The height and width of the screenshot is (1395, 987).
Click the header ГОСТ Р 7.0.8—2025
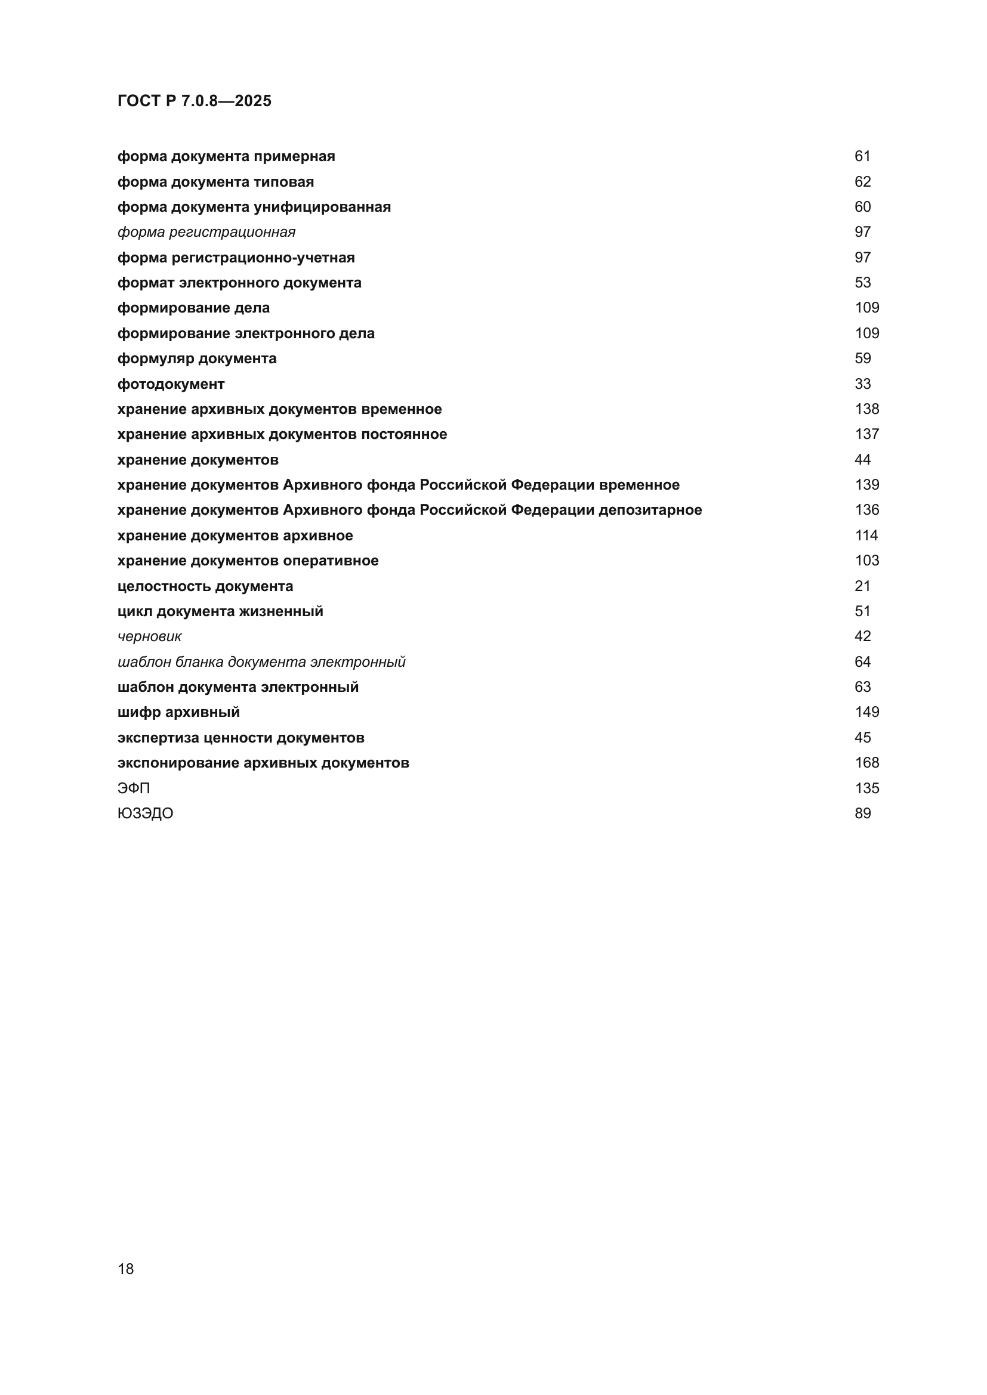[195, 101]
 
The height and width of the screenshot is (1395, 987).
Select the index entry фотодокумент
[171, 384]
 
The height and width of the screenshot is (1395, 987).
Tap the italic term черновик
[150, 637]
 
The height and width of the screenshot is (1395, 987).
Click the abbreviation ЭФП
[134, 788]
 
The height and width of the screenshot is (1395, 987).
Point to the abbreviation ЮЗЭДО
[145, 814]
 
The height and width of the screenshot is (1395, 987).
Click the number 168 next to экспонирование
[866, 763]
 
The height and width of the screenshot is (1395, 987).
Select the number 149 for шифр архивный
[866, 712]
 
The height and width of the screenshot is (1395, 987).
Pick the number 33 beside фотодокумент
[862, 384]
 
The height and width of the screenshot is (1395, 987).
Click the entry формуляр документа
[197, 358]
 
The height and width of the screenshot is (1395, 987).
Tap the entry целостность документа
[205, 586]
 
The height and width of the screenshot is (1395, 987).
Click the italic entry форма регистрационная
[206, 232]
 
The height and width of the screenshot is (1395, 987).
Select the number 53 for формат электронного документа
[862, 283]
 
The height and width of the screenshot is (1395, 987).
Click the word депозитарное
[650, 511]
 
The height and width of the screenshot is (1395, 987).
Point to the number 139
[866, 485]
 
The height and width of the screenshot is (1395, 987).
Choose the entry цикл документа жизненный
[220, 611]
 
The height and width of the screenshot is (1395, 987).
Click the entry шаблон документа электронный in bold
[238, 687]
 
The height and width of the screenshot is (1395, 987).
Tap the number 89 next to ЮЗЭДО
[862, 814]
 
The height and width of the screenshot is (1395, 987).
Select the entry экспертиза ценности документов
[240, 738]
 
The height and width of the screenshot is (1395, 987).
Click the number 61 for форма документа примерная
[862, 156]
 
